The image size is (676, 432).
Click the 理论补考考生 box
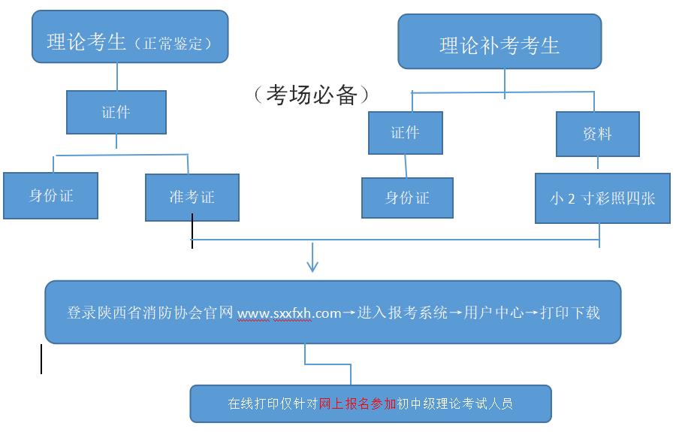[499, 45]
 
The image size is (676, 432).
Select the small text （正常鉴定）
[174, 44]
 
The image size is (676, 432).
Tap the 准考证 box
[192, 198]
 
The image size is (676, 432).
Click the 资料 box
[597, 134]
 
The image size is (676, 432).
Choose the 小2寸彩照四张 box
[602, 198]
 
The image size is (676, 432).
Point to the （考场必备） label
[311, 94]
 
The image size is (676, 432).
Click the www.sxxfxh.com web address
[289, 313]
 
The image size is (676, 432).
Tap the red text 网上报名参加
[358, 403]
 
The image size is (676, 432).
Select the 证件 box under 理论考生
[116, 113]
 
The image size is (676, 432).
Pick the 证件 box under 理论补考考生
[405, 133]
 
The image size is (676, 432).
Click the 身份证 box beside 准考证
[51, 196]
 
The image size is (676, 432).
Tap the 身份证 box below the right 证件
[407, 198]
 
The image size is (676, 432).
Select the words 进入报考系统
[403, 313]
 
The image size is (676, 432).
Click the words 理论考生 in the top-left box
[86, 42]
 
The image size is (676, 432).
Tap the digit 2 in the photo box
[572, 199]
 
